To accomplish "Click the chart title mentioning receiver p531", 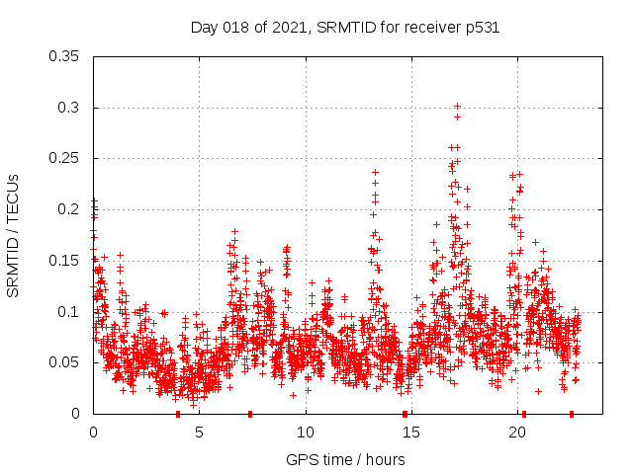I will (344, 28).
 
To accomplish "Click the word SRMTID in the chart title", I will (342, 28).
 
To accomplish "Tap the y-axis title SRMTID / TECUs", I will (13, 235).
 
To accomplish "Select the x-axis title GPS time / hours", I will (345, 459).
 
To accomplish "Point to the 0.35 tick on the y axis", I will (65, 56).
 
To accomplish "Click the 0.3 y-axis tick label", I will (69, 108).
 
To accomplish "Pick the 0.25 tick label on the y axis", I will (65, 158).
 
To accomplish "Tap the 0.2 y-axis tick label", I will (69, 209).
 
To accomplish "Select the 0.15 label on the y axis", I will (65, 261).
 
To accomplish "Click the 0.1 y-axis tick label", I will (69, 312).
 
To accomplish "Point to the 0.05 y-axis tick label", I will (65, 362).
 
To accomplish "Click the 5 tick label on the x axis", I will (199, 433).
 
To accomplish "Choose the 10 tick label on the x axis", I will (305, 433).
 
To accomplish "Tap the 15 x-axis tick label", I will (411, 433).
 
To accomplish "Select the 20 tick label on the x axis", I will (517, 433).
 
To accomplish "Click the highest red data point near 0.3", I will (457, 106).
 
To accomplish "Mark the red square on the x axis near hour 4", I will (178, 414).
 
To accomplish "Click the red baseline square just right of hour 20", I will (524, 414).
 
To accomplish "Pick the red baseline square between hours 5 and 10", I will (250, 414).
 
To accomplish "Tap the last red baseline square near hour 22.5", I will (572, 414).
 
